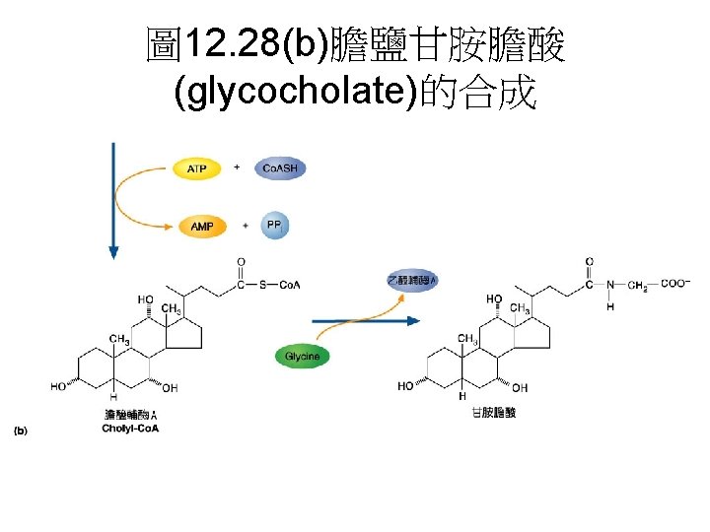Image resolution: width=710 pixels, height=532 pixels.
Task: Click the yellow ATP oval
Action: click(x=197, y=168)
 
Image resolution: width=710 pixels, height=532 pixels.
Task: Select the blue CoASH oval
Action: click(x=280, y=168)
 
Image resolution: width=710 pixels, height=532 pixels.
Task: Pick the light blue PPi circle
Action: click(x=275, y=226)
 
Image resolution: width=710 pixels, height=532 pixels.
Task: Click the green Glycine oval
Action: click(x=302, y=356)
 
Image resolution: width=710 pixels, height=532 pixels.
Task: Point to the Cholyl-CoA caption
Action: click(x=130, y=429)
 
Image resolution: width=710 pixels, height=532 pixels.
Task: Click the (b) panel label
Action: click(x=21, y=431)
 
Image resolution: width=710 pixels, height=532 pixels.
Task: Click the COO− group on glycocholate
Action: click(x=674, y=284)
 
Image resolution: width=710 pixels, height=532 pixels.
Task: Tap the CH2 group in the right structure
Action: click(x=639, y=286)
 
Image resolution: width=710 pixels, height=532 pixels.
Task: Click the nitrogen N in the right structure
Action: click(x=609, y=285)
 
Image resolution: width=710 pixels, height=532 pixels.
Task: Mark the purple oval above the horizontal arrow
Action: click(x=411, y=282)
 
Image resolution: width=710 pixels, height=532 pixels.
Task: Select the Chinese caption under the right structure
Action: click(x=494, y=414)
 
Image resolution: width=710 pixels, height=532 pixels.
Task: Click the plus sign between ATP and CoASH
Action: click(x=237, y=167)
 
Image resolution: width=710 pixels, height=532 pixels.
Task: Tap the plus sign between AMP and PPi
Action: click(x=245, y=226)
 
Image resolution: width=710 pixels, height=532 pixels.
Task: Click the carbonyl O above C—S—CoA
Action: click(x=241, y=263)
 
